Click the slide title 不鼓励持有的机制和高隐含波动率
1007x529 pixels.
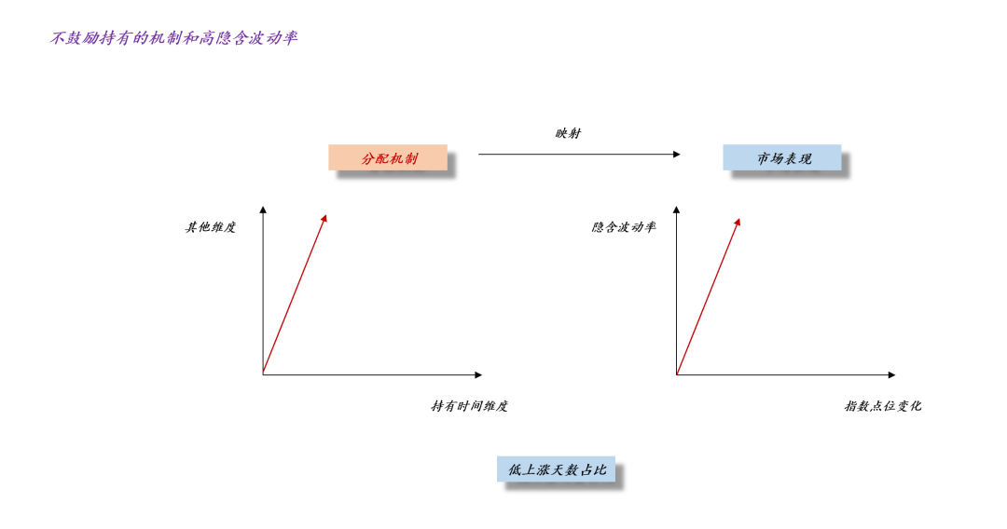(x=174, y=38)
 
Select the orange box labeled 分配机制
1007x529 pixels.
(x=388, y=158)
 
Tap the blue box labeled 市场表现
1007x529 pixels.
(x=782, y=158)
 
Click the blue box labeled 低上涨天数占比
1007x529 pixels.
(x=556, y=469)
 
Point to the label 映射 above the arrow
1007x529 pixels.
(x=568, y=133)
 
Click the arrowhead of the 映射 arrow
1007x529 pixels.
(x=676, y=155)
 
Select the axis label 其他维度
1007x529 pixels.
(x=211, y=226)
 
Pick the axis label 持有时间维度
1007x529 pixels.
(x=469, y=406)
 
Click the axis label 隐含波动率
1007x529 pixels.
(x=624, y=226)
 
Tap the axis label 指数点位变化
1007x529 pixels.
(x=883, y=406)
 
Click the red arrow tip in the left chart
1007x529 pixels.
(x=324, y=219)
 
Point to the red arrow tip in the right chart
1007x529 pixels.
(x=738, y=222)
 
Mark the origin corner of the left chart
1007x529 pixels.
(x=263, y=374)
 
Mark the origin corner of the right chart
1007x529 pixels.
(x=676, y=374)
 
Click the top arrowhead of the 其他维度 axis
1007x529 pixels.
(x=263, y=210)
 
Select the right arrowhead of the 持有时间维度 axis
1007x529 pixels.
(x=478, y=374)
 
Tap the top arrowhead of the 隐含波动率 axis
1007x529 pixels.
(x=676, y=210)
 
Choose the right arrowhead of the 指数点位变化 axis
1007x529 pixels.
(x=891, y=374)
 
